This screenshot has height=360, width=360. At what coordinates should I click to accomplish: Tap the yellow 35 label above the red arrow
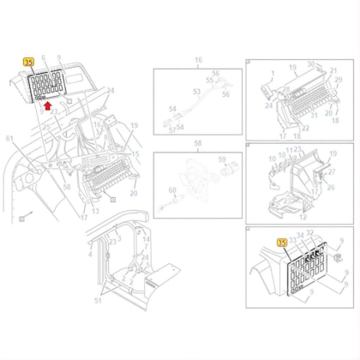tap(27, 63)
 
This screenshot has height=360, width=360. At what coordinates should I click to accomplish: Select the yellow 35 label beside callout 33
tap(282, 245)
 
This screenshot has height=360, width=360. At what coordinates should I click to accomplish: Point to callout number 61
tap(9, 138)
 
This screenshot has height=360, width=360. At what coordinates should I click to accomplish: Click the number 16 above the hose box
tap(198, 60)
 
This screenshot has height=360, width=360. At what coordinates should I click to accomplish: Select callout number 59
tap(222, 159)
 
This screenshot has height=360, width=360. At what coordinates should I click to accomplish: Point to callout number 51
tap(97, 301)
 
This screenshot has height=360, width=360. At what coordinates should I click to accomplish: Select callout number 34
tap(299, 234)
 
